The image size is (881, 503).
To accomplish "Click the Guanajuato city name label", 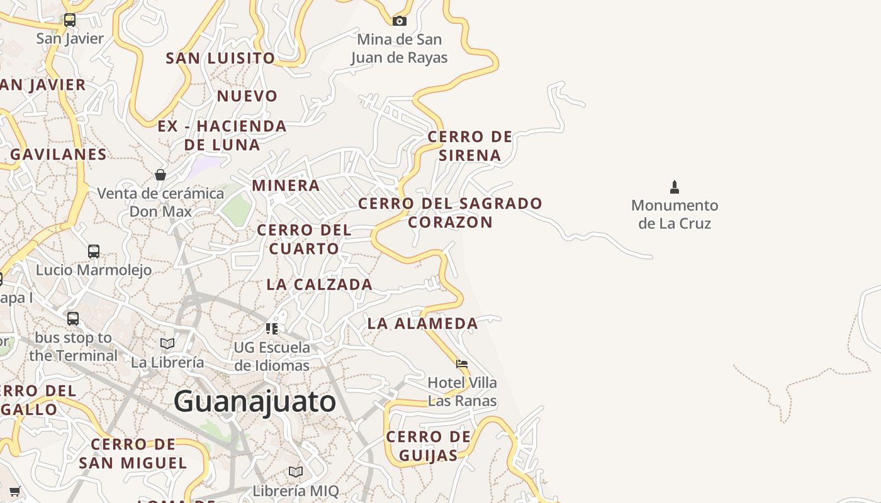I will [x=254, y=401].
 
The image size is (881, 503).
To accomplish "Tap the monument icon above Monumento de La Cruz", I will [x=675, y=187].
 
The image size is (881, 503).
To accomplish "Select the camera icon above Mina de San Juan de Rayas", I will [x=399, y=21].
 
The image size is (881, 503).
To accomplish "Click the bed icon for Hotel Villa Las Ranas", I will [x=462, y=363].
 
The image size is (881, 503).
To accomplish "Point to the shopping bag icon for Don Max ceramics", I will [x=160, y=174].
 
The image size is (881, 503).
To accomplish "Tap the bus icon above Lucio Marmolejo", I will [x=94, y=251].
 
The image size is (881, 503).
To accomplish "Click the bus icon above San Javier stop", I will [x=70, y=20].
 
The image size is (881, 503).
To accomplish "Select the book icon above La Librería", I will [x=167, y=343].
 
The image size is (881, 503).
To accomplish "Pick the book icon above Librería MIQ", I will [x=296, y=472].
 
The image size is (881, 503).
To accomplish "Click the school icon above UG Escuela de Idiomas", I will [x=272, y=328].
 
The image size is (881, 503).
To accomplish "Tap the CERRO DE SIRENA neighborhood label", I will [x=470, y=146].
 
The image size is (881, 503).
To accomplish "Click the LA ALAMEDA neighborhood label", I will [x=423, y=324].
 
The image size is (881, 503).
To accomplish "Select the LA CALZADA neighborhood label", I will [x=320, y=285].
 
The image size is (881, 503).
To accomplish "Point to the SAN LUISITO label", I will [x=220, y=58].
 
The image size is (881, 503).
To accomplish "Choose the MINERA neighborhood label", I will [x=286, y=185].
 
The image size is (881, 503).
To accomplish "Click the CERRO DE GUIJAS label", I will [x=429, y=446].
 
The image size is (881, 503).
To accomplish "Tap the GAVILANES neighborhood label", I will [x=59, y=154].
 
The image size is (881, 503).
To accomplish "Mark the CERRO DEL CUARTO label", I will [x=305, y=240].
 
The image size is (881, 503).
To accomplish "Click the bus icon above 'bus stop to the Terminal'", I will [x=73, y=319].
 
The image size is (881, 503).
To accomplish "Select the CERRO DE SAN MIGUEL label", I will [x=133, y=454].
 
